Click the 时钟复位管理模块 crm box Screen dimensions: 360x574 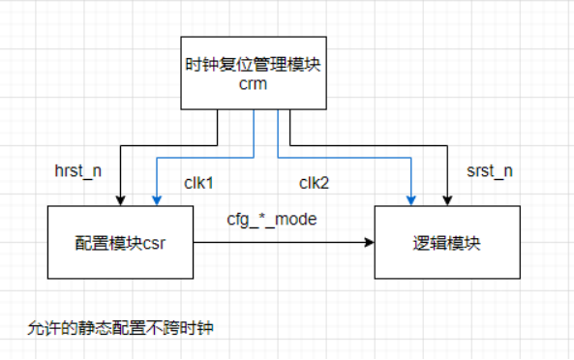click(254, 74)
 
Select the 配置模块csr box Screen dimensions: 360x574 click(119, 242)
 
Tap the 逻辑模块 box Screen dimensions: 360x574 click(446, 242)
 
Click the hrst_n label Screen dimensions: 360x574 click(77, 171)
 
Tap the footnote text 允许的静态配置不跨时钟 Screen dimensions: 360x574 click(120, 328)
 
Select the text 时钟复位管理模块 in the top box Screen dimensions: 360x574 click(254, 65)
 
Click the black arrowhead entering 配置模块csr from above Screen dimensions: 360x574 click(119, 200)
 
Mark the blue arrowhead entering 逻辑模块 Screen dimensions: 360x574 click(411, 200)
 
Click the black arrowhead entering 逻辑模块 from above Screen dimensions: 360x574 click(446, 200)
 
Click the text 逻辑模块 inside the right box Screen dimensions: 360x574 click(446, 243)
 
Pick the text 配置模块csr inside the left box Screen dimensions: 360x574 click(119, 243)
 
